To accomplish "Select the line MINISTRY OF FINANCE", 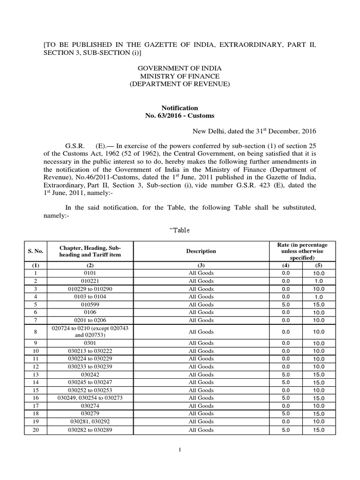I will coord(180,76).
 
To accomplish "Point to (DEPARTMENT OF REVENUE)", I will coord(180,84).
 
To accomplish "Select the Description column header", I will coord(201,251).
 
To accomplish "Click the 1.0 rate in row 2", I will coord(318,281).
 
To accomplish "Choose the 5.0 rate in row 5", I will coord(286,305).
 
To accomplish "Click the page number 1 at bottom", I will coord(180,450).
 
